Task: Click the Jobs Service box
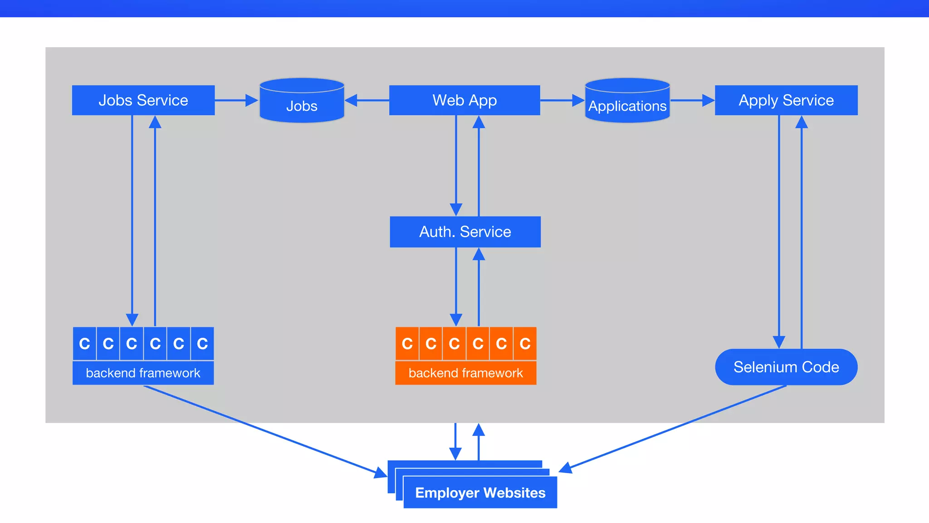pyautogui.click(x=143, y=100)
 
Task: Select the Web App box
pyautogui.click(x=464, y=100)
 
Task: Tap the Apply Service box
pyautogui.click(x=786, y=100)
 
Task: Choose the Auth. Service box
pyautogui.click(x=465, y=232)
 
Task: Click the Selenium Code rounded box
pyautogui.click(x=786, y=367)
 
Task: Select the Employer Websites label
pyautogui.click(x=480, y=493)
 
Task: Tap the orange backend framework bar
pyautogui.click(x=465, y=373)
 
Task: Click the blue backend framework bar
pyautogui.click(x=143, y=373)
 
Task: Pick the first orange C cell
pyautogui.click(x=407, y=344)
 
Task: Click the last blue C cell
pyautogui.click(x=202, y=344)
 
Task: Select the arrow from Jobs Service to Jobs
pyautogui.click(x=236, y=100)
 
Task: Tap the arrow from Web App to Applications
pyautogui.click(x=562, y=100)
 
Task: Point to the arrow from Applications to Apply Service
pyautogui.click(x=692, y=100)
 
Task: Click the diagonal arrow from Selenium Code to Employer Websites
pyautogui.click(x=676, y=427)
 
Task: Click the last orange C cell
pyautogui.click(x=525, y=344)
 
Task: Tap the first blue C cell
pyautogui.click(x=84, y=344)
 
